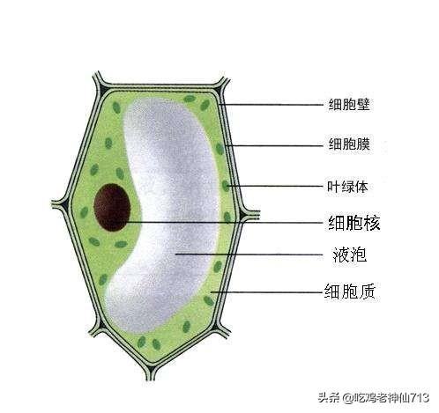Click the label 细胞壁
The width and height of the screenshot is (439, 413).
pyautogui.click(x=348, y=105)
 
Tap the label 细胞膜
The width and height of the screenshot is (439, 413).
pyautogui.click(x=349, y=144)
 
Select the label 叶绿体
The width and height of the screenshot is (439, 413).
pyautogui.click(x=347, y=187)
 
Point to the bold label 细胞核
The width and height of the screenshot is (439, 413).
pyautogui.click(x=353, y=223)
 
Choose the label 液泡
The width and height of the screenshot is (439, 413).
pyautogui.click(x=350, y=254)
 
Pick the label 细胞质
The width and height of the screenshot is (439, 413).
pyautogui.click(x=350, y=291)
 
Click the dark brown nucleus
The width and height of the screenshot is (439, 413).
pyautogui.click(x=112, y=207)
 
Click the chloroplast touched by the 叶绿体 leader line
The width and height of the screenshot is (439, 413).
pyautogui.click(x=226, y=186)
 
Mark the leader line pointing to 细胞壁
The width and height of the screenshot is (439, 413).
pyautogui.click(x=271, y=105)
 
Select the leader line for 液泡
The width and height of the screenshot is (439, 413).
pyautogui.click(x=249, y=254)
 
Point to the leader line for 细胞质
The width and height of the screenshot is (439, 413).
pyautogui.click(x=266, y=292)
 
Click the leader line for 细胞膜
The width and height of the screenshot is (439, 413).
pyautogui.click(x=274, y=145)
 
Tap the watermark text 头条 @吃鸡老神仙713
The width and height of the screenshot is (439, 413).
pyautogui.click(x=374, y=398)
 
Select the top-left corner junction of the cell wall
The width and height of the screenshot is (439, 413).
pyautogui.click(x=101, y=85)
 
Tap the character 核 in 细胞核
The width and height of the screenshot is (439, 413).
pyautogui.click(x=372, y=223)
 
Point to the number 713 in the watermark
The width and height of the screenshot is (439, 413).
pyautogui.click(x=420, y=398)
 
